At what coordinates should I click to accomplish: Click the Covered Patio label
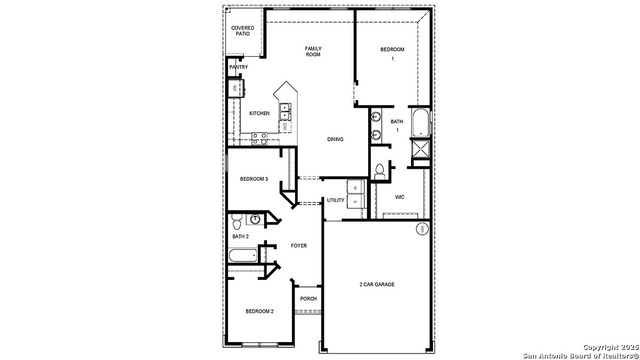pos(242,31)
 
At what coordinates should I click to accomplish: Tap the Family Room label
pos(313,51)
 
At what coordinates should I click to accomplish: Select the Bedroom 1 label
pos(393,53)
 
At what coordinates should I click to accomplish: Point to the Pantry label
pos(238,68)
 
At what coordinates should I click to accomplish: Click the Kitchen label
pos(259,113)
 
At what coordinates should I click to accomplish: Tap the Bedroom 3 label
pos(253,179)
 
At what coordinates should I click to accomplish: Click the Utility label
pos(335,200)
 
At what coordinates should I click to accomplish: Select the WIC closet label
pos(399,197)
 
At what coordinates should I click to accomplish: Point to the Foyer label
pos(298,245)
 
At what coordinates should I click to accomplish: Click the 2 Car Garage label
pos(377,285)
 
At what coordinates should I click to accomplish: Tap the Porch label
pos(308,298)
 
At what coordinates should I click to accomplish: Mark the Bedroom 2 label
pos(259,312)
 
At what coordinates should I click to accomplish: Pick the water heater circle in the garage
pos(422,229)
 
